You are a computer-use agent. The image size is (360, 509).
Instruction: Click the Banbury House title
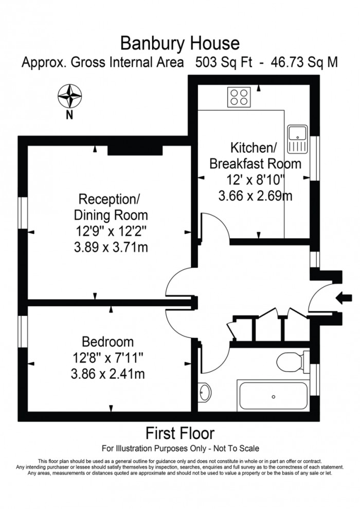[179, 42]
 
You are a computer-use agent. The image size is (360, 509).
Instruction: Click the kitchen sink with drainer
[297, 139]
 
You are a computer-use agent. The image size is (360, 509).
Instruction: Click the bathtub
[273, 396]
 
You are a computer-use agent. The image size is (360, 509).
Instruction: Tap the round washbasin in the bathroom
[204, 393]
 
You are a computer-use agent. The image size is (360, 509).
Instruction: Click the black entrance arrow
[343, 297]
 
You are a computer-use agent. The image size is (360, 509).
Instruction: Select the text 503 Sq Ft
[222, 63]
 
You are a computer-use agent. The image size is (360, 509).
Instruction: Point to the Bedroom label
[108, 342]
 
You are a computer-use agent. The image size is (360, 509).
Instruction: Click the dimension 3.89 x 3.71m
[111, 248]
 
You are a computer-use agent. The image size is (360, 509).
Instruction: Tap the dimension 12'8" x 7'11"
[108, 358]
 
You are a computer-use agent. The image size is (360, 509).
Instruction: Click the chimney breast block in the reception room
[135, 150]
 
